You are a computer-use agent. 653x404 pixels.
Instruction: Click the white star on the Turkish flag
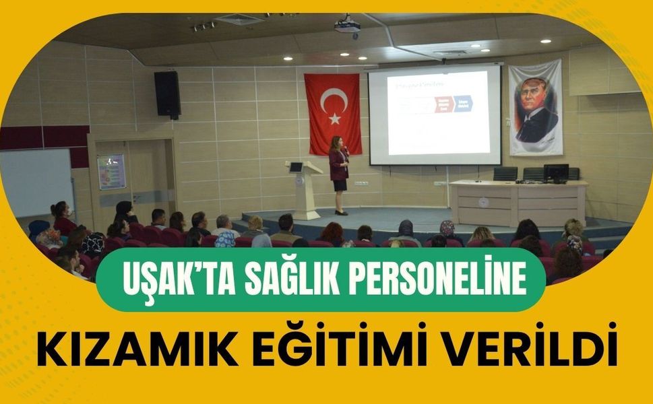[x=334, y=119]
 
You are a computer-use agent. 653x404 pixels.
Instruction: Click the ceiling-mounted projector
[x=347, y=26]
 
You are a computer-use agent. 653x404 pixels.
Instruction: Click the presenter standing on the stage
[x=338, y=174]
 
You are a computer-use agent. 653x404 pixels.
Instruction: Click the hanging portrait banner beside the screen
[x=536, y=108]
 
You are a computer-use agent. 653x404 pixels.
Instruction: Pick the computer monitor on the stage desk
[x=556, y=172]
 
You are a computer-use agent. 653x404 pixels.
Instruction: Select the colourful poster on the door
[x=111, y=172]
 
